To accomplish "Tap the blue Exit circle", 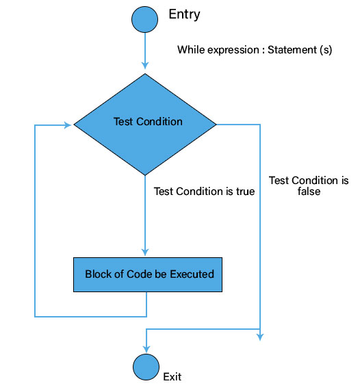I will [145, 367].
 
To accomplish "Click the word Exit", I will [172, 376].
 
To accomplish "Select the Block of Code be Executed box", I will [149, 274].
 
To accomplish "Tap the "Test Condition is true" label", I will [204, 192].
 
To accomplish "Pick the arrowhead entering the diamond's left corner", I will [68, 125].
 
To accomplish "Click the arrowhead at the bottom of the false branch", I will [260, 336].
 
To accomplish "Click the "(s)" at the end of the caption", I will [325, 50].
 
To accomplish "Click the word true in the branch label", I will [244, 192].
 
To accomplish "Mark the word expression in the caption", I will [234, 50].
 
